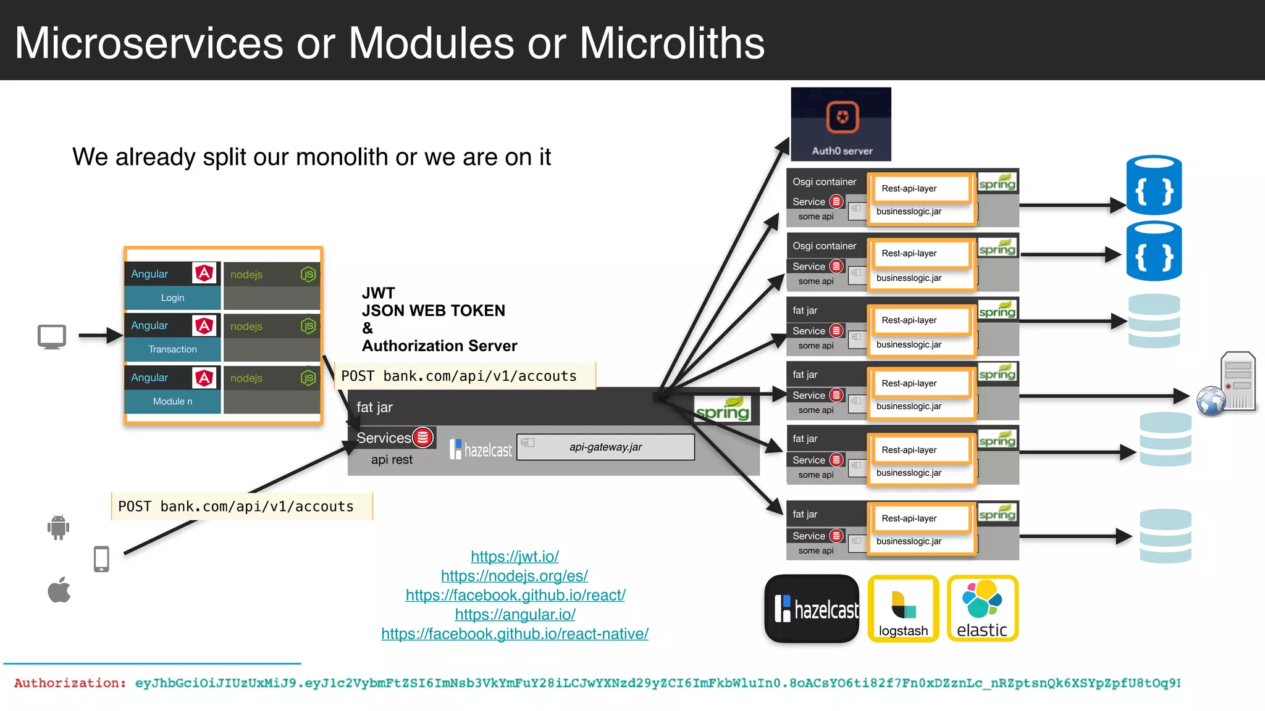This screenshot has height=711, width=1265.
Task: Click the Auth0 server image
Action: click(841, 124)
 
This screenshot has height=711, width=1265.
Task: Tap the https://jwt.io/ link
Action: click(515, 557)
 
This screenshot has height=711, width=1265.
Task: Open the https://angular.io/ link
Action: click(515, 615)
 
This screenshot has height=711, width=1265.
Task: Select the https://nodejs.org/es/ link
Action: click(514, 576)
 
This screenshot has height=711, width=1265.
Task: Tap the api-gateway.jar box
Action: click(605, 447)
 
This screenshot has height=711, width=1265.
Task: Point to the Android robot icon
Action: click(58, 527)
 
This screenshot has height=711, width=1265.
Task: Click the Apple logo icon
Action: click(59, 590)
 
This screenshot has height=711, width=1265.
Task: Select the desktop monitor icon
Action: click(52, 337)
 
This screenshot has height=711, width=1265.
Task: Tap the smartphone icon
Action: click(101, 559)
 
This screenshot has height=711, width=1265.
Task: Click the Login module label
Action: click(172, 298)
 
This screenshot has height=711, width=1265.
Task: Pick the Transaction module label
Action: click(172, 349)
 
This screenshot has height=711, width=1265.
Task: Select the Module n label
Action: click(172, 401)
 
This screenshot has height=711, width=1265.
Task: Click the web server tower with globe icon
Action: click(1228, 385)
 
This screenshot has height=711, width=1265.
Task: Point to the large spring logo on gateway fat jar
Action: click(722, 410)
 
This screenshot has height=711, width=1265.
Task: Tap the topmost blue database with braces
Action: click(1154, 185)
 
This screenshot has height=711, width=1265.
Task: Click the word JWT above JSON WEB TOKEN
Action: click(378, 293)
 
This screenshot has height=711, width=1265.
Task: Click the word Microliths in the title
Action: click(671, 43)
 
